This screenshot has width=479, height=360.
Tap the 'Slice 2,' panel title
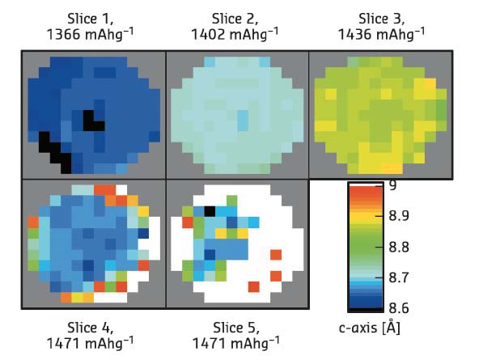(x=237, y=19)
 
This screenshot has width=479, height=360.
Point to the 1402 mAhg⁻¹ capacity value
(x=237, y=35)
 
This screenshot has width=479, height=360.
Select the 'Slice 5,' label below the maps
(x=237, y=328)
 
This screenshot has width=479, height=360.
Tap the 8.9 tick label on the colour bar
(x=398, y=216)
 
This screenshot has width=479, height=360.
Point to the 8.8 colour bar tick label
(x=398, y=247)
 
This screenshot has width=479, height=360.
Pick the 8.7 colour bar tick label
(x=398, y=277)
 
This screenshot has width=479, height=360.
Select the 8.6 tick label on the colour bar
(x=398, y=307)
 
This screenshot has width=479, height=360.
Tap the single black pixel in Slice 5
(x=210, y=211)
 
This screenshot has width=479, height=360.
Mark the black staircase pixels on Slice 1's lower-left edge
(x=55, y=152)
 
